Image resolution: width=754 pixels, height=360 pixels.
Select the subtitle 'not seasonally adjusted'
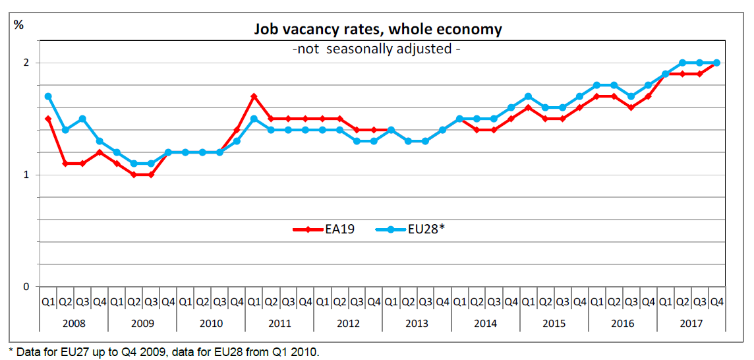click(377, 49)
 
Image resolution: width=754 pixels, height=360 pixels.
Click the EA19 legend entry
click(324, 229)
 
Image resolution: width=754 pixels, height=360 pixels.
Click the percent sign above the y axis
click(18, 25)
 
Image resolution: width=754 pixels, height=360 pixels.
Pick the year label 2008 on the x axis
click(74, 322)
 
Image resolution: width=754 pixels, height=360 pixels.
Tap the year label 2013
click(417, 322)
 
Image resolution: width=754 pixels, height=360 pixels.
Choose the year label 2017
click(691, 322)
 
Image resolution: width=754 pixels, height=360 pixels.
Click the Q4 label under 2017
click(717, 302)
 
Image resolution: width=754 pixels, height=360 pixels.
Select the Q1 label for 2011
click(254, 302)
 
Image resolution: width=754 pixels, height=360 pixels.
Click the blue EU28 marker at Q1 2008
click(48, 96)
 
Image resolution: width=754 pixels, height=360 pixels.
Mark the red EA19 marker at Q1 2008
click(48, 119)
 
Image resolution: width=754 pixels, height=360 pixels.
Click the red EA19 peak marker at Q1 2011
click(254, 96)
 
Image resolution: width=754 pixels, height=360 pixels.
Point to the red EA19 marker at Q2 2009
click(134, 175)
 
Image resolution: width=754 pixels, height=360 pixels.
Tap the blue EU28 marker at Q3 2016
click(631, 96)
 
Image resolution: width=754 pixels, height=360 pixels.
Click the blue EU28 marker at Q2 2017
click(683, 63)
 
